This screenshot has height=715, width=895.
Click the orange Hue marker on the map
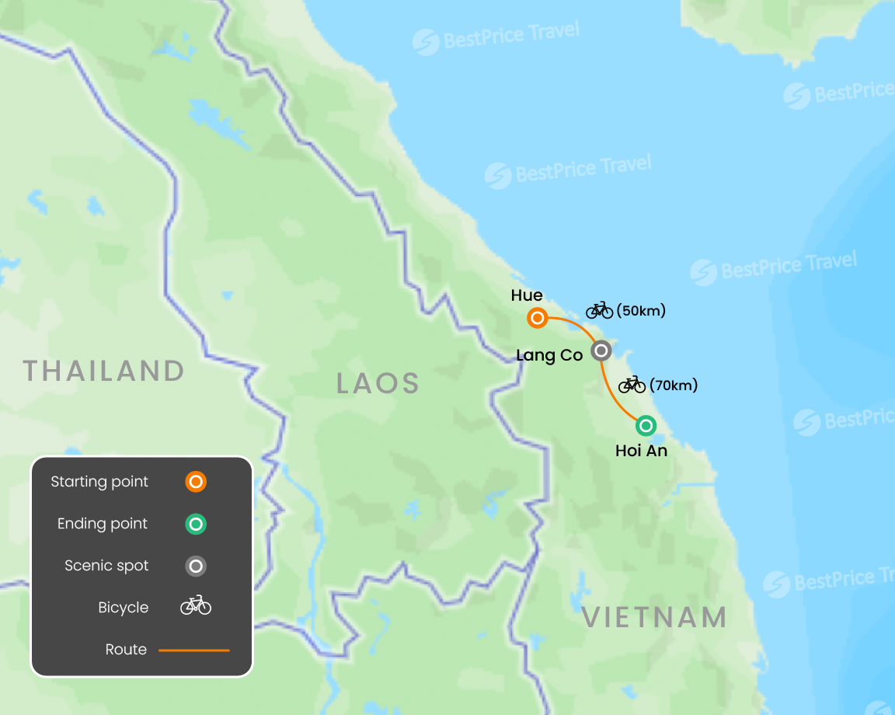[537, 318]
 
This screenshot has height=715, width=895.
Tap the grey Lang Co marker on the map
[601, 351]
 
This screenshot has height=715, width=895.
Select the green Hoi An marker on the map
[646, 426]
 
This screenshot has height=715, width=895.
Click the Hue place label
[527, 295]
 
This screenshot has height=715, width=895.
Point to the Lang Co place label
[549, 355]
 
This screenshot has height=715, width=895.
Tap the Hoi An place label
[641, 451]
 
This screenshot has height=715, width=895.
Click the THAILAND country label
[104, 371]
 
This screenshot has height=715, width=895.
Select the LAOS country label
[378, 383]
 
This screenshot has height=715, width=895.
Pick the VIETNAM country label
[654, 618]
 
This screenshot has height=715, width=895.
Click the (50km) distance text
[641, 311]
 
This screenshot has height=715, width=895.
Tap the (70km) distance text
[674, 385]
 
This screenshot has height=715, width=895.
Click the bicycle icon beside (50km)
[600, 311]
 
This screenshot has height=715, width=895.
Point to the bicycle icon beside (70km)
[632, 384]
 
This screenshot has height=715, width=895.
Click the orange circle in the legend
[196, 482]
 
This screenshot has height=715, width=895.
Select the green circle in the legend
[196, 524]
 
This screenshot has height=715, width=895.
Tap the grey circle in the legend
[196, 566]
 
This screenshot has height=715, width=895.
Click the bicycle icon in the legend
[196, 605]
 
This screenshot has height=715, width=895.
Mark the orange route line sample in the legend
[194, 650]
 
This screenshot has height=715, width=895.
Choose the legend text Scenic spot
[106, 566]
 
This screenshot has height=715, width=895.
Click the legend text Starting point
[99, 482]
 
